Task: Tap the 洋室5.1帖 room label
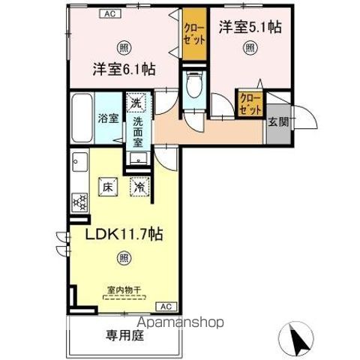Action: click(x=250, y=28)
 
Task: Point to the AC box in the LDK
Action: click(x=166, y=306)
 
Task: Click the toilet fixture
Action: click(x=193, y=85)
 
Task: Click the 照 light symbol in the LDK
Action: click(x=124, y=259)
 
